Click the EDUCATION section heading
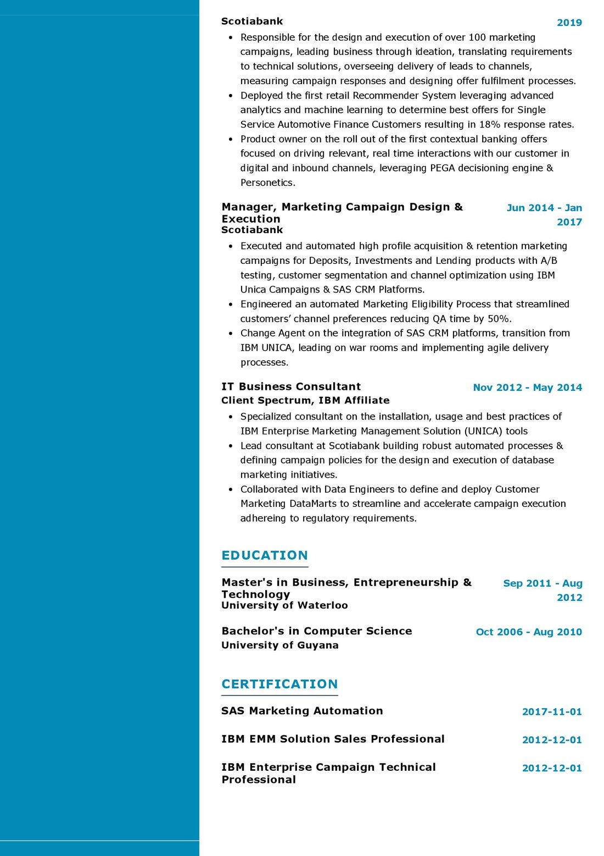coord(265,555)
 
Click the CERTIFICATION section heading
coord(279,684)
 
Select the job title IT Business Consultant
coord(291,386)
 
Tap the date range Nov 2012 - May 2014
coord(527,388)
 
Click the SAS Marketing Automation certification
coord(302,711)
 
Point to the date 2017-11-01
coord(552,712)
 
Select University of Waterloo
coord(284,605)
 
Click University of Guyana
coord(280,645)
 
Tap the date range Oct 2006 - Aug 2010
coord(529,632)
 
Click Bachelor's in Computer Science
coord(317,631)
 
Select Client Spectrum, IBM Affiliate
coord(305,400)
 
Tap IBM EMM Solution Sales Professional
coord(333,739)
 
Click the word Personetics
coord(267,183)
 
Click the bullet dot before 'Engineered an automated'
coord(231,304)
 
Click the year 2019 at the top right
coord(569,23)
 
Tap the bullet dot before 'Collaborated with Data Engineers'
coord(231,489)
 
